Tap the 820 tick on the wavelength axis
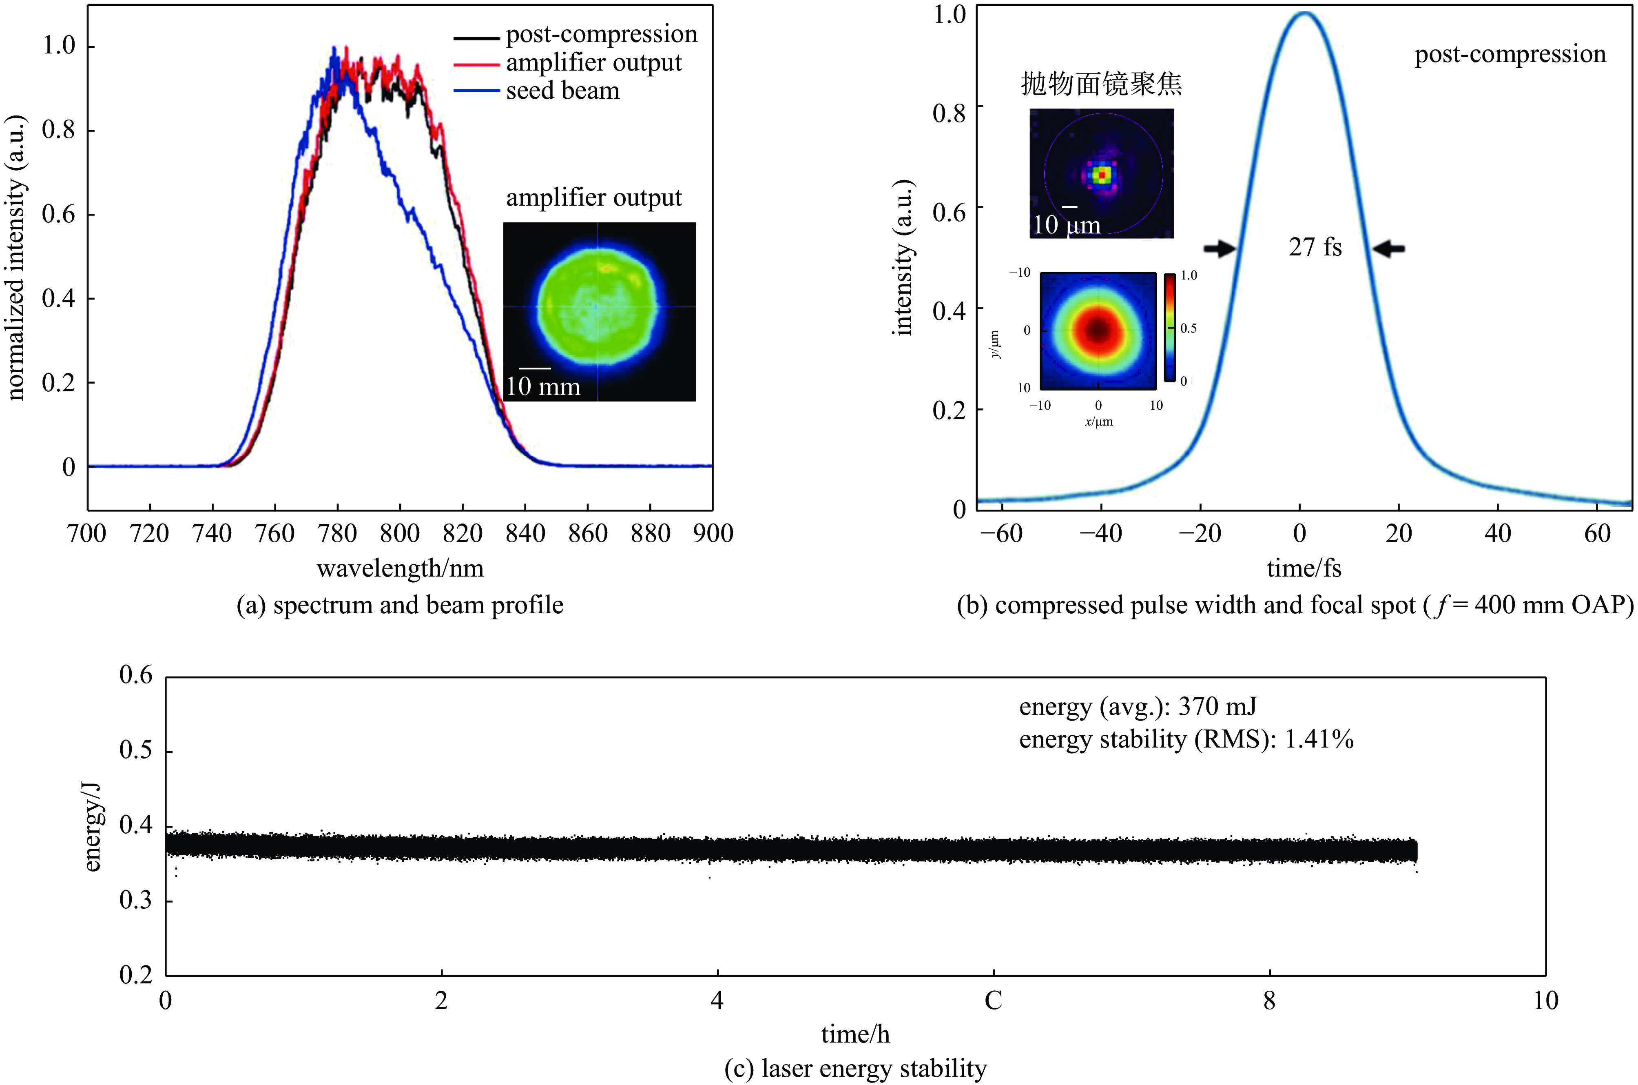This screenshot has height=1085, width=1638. click(462, 533)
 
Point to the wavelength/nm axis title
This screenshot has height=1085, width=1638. click(400, 569)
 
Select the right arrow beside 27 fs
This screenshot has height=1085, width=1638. click(1389, 248)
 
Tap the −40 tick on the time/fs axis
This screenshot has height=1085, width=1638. click(1100, 533)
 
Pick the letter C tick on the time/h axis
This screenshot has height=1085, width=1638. click(993, 1001)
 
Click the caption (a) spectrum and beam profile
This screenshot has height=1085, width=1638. click(400, 606)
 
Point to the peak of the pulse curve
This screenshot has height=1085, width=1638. click(1303, 13)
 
